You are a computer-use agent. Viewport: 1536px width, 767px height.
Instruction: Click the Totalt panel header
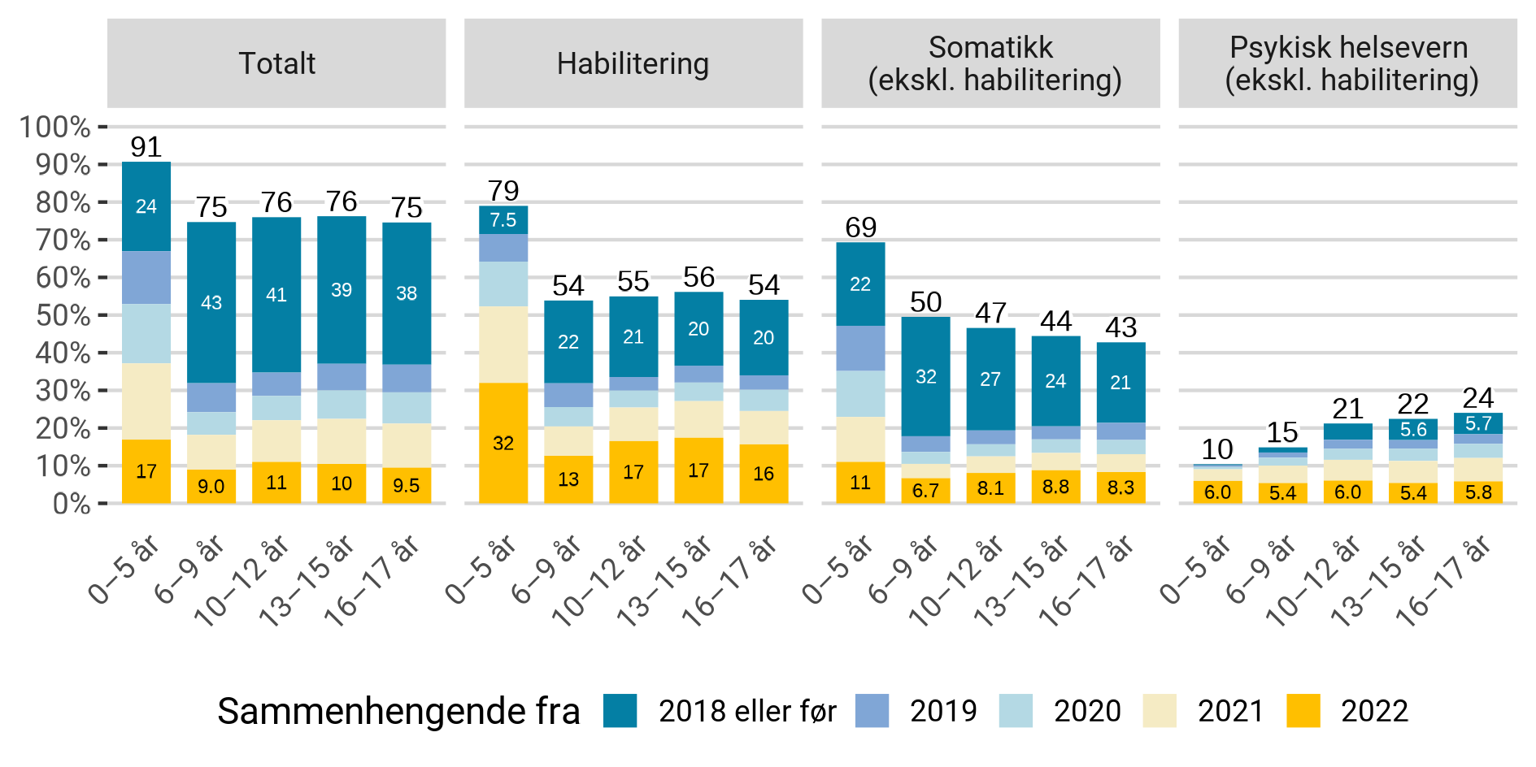pos(276,63)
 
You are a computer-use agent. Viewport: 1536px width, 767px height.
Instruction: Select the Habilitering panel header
pos(633,63)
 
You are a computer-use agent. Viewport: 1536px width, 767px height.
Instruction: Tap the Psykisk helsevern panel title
pos(1348,63)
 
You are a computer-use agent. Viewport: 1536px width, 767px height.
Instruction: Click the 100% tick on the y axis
pos(55,127)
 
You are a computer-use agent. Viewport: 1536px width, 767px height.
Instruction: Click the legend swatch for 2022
pos(1303,711)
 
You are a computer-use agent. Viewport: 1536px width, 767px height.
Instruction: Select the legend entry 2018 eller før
pos(746,711)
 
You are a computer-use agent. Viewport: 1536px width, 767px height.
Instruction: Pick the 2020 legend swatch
pos(1016,711)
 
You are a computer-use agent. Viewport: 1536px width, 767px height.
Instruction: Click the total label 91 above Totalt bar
pos(146,147)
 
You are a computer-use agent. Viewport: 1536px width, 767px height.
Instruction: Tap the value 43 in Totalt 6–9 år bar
pos(211,303)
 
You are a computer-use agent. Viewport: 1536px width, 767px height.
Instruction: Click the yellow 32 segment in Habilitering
pos(503,443)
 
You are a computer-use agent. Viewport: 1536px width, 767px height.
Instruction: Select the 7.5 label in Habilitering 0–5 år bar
pos(503,220)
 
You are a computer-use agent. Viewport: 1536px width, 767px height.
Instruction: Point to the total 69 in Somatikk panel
pos(860,227)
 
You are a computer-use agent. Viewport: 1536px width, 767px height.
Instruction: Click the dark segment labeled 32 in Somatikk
pos(925,377)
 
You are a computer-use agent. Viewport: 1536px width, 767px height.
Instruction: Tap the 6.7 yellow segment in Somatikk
pos(925,491)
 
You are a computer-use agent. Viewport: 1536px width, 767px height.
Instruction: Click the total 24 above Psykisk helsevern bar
pos(1477,398)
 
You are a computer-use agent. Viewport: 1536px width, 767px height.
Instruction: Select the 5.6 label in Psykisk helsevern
pos(1413,430)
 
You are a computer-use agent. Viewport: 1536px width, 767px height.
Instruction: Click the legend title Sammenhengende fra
pos(398,711)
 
